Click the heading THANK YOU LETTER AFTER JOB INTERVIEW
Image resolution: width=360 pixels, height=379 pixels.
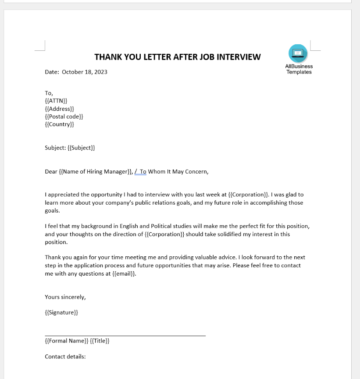pos(177,57)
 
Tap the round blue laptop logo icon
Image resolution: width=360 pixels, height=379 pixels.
pos(298,53)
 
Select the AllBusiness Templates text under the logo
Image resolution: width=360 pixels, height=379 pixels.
pos(299,69)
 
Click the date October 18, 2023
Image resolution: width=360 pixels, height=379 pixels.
pos(85,72)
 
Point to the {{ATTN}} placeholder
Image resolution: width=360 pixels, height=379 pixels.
pos(56,101)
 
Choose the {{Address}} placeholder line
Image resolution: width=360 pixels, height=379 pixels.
pos(60,109)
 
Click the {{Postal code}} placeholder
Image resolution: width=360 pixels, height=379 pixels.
pos(64,117)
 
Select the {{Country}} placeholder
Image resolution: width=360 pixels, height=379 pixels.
pos(60,124)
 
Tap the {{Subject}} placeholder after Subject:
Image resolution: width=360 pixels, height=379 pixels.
pos(81,148)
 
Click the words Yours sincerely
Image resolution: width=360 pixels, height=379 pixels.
pos(65,297)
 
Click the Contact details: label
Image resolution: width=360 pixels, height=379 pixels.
pos(65,357)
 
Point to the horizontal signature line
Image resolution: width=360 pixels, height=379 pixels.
pos(125,336)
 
